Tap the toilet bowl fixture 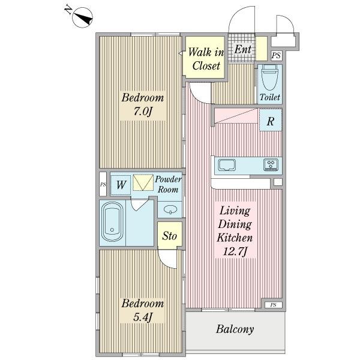click(270, 77)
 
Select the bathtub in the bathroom click(112, 222)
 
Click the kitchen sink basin click(227, 165)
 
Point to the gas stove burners click(271, 164)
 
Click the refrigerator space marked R click(271, 120)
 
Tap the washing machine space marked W click(121, 185)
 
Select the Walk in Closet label click(206, 59)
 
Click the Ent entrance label click(242, 49)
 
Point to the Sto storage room click(170, 235)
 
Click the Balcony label click(235, 329)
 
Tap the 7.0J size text click(142, 112)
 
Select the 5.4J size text click(142, 318)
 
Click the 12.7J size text click(235, 252)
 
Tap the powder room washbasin click(170, 209)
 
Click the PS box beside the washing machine click(103, 184)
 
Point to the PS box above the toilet click(276, 55)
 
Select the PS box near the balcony click(273, 305)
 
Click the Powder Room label click(168, 184)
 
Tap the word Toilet click(270, 97)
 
